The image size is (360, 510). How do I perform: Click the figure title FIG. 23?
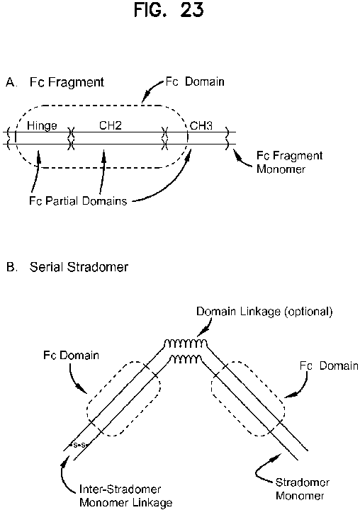pos(169,10)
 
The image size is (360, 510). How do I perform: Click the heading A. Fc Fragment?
pos(55,82)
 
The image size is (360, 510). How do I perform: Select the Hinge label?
pos(42,126)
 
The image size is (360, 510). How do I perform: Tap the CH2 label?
pos(111,125)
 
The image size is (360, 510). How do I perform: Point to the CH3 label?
pos(201,125)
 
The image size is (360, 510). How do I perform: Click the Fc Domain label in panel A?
pos(195,81)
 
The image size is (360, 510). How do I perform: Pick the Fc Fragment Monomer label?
pos(289,162)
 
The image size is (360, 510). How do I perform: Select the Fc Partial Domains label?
pos(78,200)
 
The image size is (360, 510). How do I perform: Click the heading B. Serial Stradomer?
pos(67,267)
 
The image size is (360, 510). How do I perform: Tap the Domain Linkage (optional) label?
pos(264,312)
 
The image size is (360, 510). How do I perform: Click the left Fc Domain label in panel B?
pos(72,355)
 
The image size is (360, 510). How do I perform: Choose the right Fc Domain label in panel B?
pos(329,365)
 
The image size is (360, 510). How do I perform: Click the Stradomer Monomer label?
pos(303,489)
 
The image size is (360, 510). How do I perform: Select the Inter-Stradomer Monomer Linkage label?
pos(126,496)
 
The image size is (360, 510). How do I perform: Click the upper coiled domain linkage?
pos(185,344)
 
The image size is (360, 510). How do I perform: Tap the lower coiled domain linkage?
pos(186,359)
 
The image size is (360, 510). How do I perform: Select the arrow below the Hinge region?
pos(35,171)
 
